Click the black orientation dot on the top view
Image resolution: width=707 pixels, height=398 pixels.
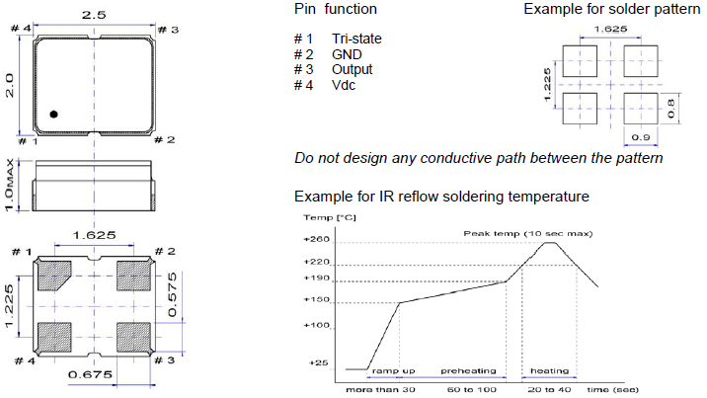(x=54, y=115)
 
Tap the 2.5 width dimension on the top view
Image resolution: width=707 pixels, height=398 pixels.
(x=94, y=17)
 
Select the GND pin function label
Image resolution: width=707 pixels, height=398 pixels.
(x=347, y=54)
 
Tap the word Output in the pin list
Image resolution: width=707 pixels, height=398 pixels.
(x=352, y=70)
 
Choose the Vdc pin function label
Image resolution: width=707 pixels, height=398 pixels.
(x=345, y=86)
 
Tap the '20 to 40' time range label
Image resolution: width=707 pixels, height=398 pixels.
(x=544, y=391)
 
